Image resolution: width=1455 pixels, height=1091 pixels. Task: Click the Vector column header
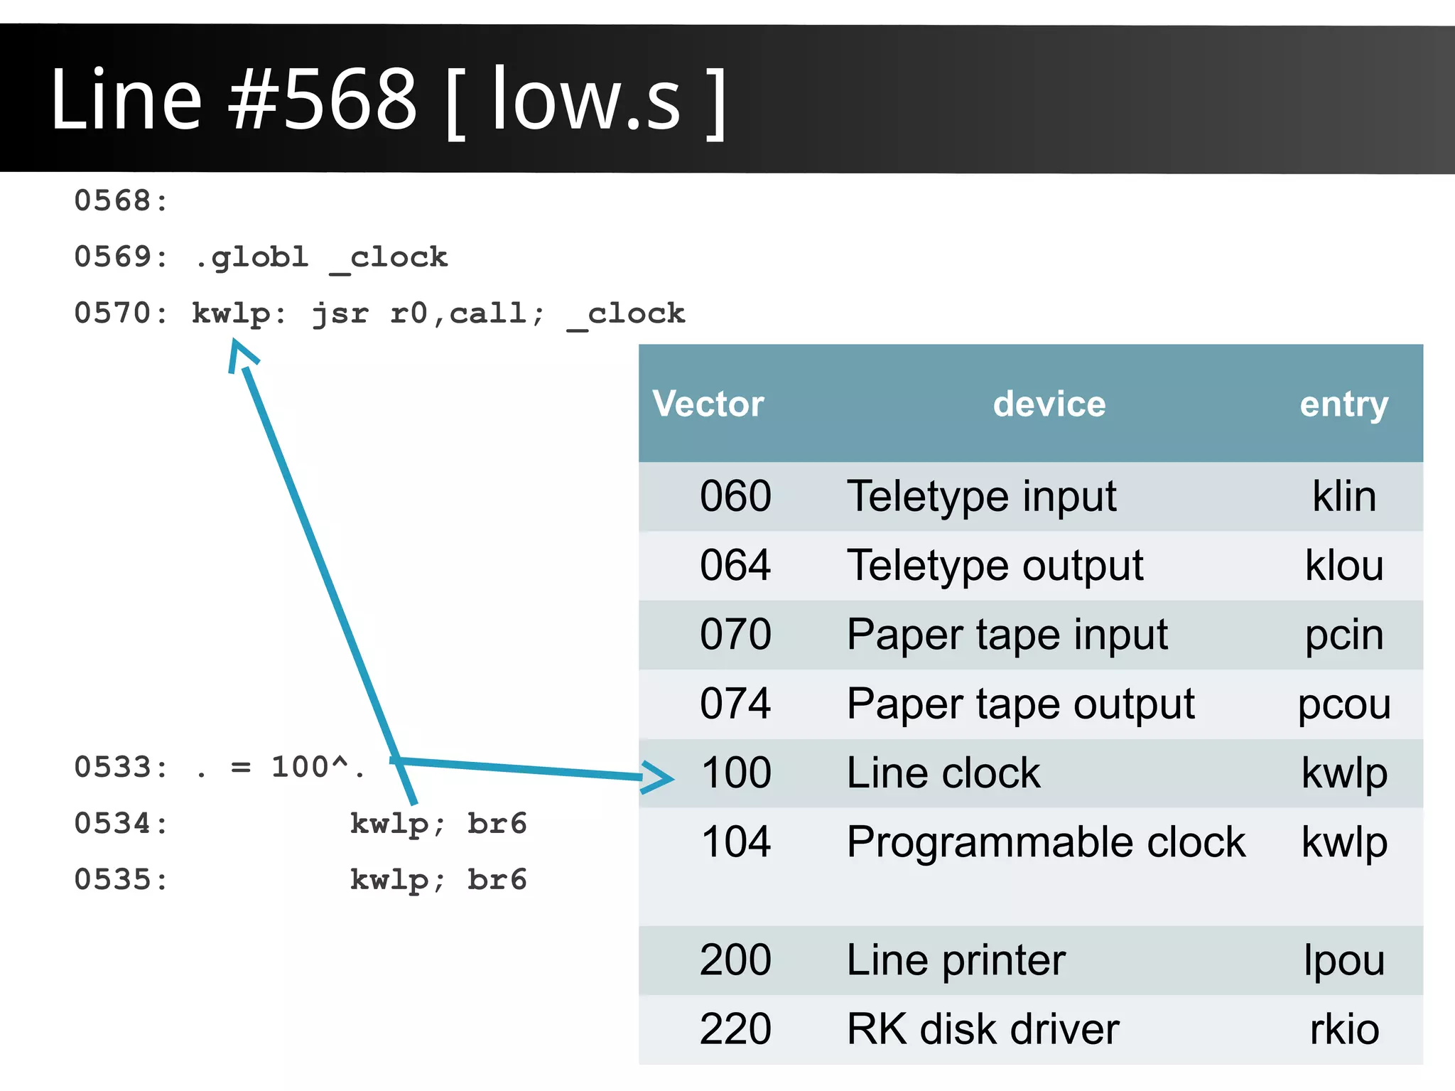(708, 404)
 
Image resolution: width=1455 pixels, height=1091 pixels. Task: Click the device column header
(1049, 404)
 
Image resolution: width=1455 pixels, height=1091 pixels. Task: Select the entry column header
(1343, 404)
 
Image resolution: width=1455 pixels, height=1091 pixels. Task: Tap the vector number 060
(735, 496)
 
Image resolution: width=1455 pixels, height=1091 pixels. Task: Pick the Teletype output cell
(995, 566)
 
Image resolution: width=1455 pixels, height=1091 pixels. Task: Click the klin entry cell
(1343, 496)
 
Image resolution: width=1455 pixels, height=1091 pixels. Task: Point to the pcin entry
(1343, 635)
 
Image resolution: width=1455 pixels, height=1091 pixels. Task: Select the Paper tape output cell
(1020, 704)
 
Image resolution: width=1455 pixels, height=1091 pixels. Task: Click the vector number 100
(735, 773)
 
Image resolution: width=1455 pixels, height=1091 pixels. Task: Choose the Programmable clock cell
(1046, 842)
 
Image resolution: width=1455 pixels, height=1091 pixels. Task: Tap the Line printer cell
(956, 960)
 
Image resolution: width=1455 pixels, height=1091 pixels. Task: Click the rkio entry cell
(1343, 1029)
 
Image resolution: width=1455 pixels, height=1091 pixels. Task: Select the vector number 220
(735, 1029)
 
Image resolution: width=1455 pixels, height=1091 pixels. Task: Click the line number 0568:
(121, 201)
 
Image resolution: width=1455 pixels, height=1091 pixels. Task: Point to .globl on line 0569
(251, 257)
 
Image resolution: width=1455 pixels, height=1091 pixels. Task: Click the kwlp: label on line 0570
(239, 313)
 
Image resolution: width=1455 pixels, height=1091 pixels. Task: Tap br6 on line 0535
(497, 880)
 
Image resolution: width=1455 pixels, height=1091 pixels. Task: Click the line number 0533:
(121, 768)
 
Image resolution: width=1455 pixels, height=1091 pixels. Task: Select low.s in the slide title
(585, 100)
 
